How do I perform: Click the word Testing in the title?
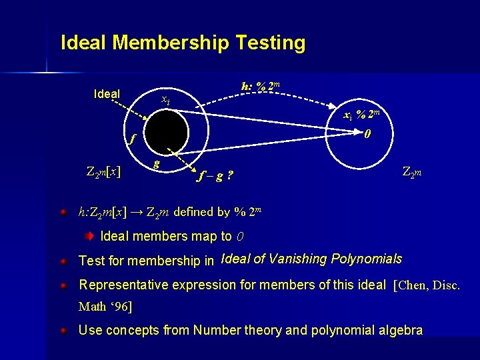270,43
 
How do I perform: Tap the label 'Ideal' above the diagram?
107,94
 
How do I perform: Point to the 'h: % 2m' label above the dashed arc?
260,86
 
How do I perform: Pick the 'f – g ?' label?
215,177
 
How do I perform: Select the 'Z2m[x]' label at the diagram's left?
103,171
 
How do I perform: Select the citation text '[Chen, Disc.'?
427,285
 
